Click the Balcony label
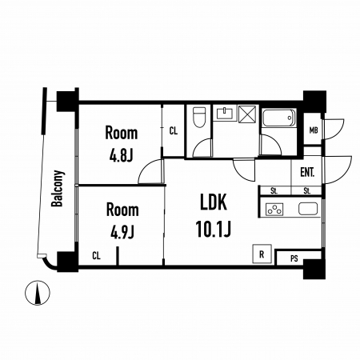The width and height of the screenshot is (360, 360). (x=58, y=188)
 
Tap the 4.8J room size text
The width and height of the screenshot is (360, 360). (x=121, y=156)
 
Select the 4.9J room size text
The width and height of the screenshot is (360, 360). (x=122, y=232)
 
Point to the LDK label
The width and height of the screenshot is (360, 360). (x=214, y=202)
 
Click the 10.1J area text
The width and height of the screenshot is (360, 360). (x=214, y=229)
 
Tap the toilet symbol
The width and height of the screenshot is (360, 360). (x=199, y=117)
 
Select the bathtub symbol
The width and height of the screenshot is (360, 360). (x=279, y=118)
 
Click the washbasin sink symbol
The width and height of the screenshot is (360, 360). (x=226, y=113)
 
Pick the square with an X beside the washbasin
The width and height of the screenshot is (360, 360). (x=247, y=114)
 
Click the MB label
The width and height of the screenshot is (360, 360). (x=314, y=130)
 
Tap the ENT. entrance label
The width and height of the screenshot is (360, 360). (x=307, y=172)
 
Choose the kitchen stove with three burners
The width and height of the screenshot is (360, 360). (x=274, y=209)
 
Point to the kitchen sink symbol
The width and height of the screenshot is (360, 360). (x=308, y=209)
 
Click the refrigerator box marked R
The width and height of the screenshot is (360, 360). (x=262, y=254)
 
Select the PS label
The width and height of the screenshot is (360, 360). (x=294, y=258)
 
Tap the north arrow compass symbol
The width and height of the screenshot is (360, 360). (x=38, y=293)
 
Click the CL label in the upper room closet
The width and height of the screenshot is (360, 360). (x=174, y=131)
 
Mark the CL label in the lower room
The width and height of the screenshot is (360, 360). (x=96, y=256)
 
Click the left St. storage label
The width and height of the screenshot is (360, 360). (x=274, y=191)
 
